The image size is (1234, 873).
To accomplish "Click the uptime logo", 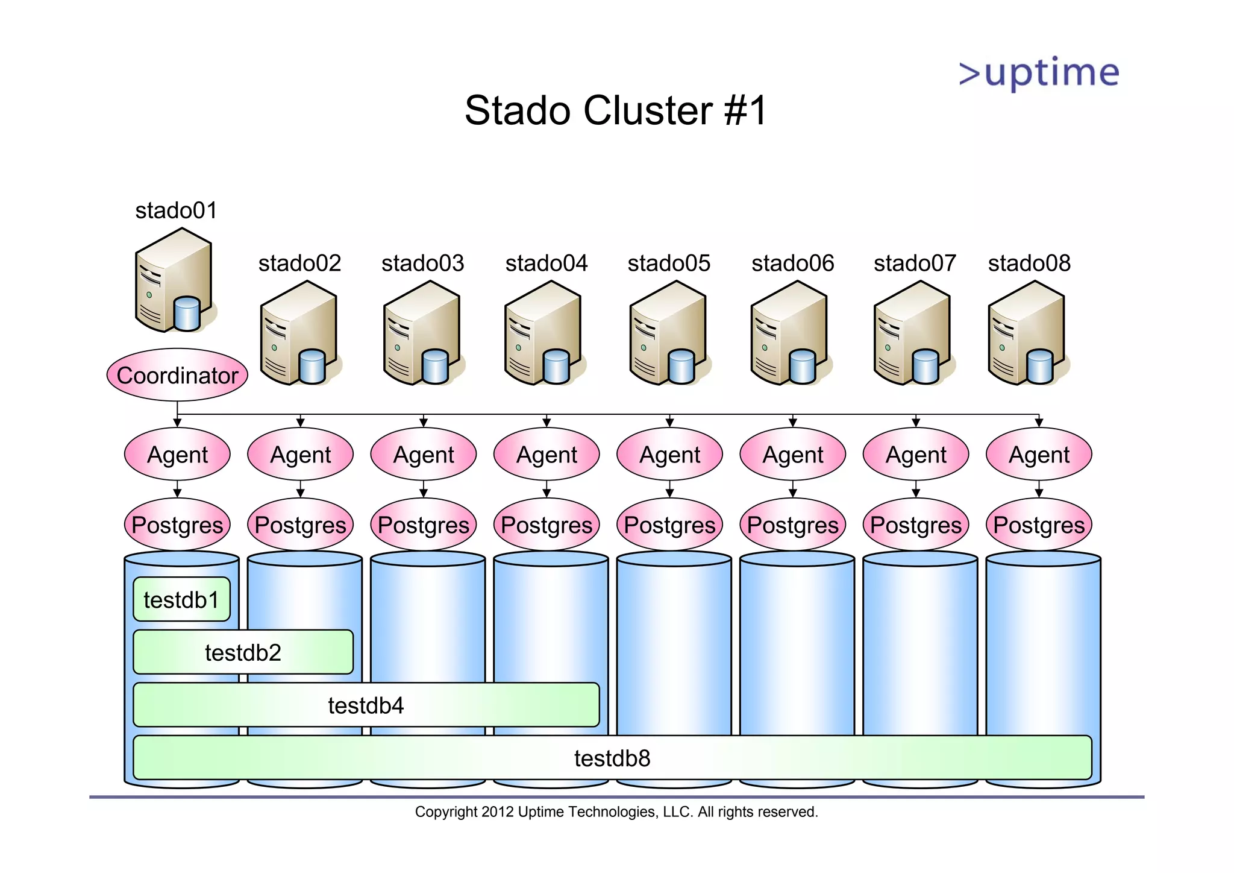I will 1039,74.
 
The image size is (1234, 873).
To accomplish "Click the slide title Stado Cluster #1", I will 616,111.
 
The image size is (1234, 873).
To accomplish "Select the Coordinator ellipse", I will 177,375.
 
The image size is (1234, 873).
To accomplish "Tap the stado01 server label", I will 176,210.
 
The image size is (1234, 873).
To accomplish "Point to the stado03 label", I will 423,263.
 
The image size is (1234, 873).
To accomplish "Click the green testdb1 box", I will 181,599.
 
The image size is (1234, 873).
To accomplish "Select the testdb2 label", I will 243,652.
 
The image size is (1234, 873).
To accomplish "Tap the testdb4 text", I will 366,705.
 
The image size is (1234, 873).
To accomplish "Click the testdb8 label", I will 612,758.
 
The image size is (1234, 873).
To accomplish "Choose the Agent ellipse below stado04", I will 547,455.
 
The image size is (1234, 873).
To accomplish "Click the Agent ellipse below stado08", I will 1039,455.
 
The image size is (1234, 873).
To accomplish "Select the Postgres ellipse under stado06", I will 793,525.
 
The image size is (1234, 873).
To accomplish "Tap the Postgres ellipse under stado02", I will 300,525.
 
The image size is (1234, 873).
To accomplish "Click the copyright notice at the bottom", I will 616,812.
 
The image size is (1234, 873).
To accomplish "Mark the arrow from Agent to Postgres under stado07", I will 916,489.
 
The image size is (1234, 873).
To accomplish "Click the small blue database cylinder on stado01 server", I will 187,314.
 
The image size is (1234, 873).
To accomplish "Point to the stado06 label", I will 793,263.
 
